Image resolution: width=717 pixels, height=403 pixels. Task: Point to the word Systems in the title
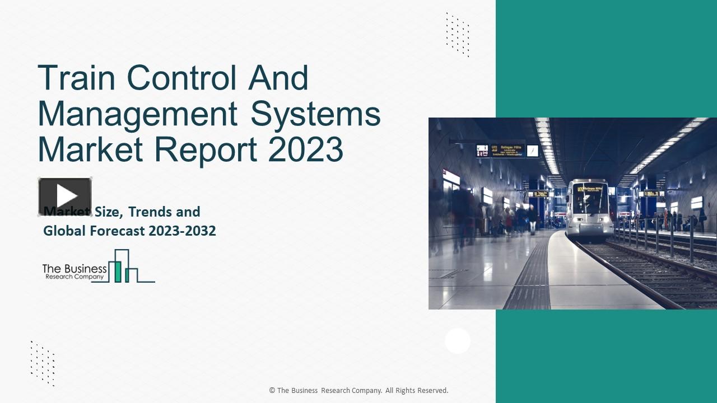(x=315, y=114)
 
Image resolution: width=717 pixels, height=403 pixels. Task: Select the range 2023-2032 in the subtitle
(x=183, y=231)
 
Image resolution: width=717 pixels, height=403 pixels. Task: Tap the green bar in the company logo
(x=118, y=271)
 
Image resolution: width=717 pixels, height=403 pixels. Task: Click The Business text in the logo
(x=75, y=269)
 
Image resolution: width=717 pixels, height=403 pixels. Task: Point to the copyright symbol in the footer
(x=272, y=391)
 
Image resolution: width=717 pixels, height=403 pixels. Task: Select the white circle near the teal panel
(x=458, y=341)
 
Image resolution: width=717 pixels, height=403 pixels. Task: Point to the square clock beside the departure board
(x=532, y=151)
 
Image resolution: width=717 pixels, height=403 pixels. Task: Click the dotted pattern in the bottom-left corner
(x=43, y=363)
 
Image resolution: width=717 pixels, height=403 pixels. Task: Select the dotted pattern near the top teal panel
(x=458, y=35)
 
